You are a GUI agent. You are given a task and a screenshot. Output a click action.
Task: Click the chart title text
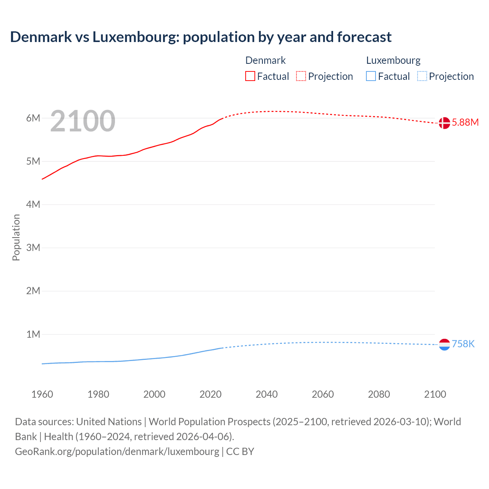tap(201, 37)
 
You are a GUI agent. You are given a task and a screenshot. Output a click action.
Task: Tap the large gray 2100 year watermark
tap(83, 121)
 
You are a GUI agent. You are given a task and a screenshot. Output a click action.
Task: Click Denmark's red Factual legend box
tap(250, 76)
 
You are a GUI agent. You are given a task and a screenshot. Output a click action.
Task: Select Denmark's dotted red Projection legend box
tap(301, 76)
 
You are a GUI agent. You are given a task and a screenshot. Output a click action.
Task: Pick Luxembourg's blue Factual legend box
tap(371, 76)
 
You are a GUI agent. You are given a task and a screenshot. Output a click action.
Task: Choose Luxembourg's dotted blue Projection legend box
tap(422, 76)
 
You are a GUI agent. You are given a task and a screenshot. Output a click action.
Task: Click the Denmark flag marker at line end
tap(444, 123)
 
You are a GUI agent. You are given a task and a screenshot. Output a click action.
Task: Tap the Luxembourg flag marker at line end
tap(444, 345)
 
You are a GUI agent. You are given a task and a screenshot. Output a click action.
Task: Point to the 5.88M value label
tap(465, 123)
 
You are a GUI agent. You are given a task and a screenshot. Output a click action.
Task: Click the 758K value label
tap(463, 344)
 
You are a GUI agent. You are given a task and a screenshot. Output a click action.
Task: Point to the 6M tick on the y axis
tap(33, 118)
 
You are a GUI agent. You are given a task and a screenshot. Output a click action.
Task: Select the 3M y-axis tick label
tap(33, 248)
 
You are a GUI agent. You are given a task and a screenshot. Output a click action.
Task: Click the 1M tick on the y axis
tap(33, 334)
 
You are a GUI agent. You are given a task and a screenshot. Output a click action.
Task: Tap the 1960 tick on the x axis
tap(42, 394)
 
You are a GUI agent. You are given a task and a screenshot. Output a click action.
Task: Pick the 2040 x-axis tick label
tap(267, 394)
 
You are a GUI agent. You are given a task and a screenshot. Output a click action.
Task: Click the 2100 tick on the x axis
tap(435, 394)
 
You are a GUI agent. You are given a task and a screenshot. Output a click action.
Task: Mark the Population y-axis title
tap(16, 237)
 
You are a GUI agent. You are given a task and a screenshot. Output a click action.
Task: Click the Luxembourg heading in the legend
tap(393, 60)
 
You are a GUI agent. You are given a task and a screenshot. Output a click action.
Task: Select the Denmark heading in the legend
tap(265, 60)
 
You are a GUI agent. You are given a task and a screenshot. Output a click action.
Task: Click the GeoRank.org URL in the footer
tap(117, 452)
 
